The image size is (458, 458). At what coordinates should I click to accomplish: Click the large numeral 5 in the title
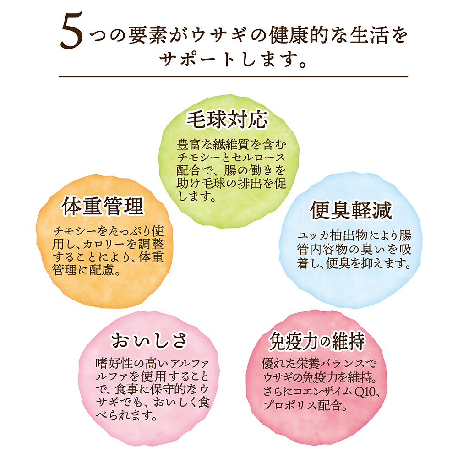click(72, 31)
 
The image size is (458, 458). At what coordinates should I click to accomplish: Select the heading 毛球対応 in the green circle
click(227, 120)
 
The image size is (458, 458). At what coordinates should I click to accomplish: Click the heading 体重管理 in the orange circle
click(103, 206)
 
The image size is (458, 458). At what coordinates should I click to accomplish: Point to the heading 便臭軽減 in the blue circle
click(351, 211)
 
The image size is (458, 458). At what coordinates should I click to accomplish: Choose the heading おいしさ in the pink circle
click(149, 340)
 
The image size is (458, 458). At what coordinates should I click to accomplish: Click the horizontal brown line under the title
click(234, 76)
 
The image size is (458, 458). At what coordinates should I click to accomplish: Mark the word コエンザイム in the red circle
click(320, 392)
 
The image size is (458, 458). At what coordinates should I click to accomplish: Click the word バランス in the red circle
click(341, 364)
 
